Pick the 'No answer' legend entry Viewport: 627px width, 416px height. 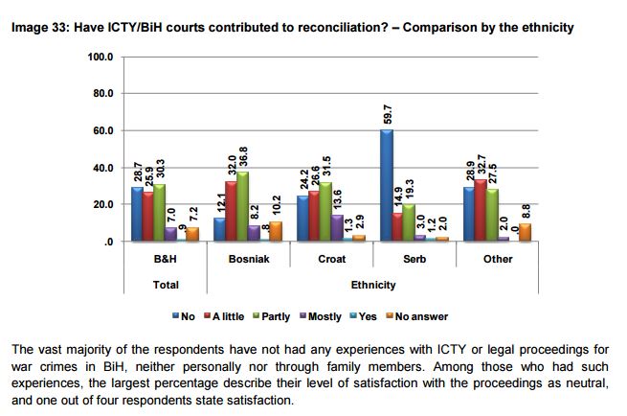(420, 316)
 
